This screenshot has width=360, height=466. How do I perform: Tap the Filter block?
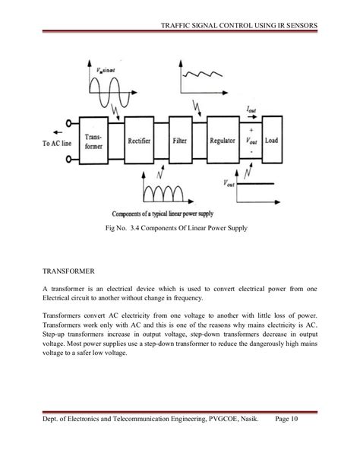tap(179, 139)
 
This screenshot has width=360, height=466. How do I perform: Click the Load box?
tap(271, 140)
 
